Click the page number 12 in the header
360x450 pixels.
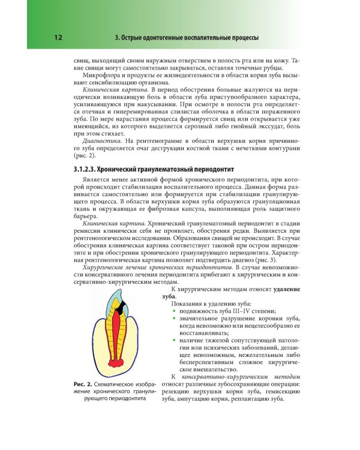pos(58,38)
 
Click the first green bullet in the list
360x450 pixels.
pos(174,311)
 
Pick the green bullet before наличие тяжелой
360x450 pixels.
pos(174,341)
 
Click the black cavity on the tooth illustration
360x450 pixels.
pos(121,310)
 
